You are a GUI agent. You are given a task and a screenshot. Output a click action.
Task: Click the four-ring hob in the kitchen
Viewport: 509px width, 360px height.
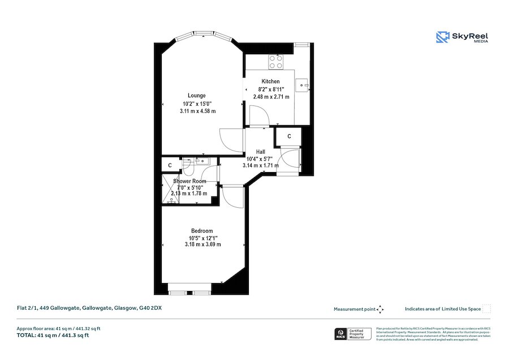[x=275, y=61]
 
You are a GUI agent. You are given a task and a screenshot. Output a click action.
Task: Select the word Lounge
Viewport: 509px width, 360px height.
[x=197, y=95]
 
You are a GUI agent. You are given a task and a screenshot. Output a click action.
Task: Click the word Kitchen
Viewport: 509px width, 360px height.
[x=270, y=82]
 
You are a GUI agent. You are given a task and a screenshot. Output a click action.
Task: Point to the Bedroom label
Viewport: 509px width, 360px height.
[x=202, y=230]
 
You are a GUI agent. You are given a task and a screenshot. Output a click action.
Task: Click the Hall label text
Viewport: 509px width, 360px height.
[x=260, y=152]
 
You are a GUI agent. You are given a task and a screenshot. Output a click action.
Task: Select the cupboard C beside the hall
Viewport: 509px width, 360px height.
[x=289, y=136]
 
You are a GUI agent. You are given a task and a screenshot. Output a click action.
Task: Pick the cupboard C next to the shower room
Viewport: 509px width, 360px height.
[x=170, y=165]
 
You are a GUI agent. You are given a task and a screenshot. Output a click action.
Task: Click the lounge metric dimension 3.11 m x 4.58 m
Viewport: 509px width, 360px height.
[x=197, y=111]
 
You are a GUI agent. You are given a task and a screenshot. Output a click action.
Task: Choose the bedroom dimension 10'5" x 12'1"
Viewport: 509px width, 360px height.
[x=202, y=238]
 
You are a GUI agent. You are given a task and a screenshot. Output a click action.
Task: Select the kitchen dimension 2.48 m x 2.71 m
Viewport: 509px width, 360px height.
[x=271, y=97]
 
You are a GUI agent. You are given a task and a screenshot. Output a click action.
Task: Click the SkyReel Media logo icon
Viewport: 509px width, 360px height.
[x=442, y=37]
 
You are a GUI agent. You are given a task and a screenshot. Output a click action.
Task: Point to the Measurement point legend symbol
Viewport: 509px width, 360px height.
[x=380, y=309]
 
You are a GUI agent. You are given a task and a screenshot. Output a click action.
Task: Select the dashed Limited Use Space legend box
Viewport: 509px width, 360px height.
[x=486, y=309]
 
